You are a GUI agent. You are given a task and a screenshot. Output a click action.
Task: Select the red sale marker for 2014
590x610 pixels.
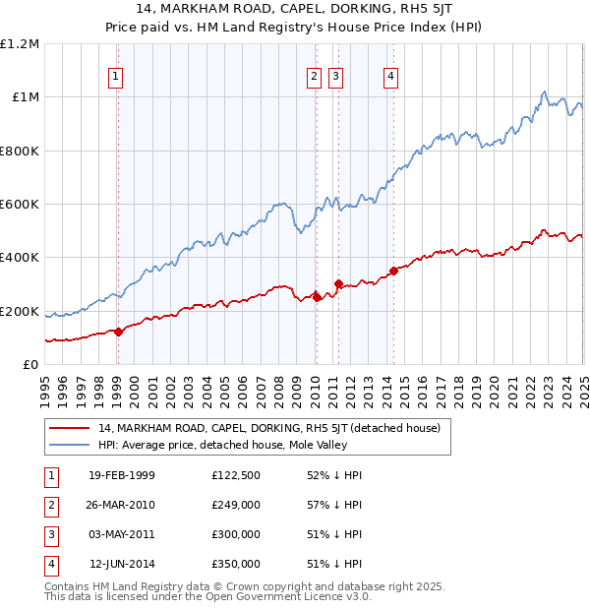click(393, 271)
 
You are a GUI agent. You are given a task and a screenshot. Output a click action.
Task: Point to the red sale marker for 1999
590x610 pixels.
click(118, 332)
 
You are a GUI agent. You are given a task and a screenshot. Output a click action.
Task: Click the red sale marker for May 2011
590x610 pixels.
click(337, 284)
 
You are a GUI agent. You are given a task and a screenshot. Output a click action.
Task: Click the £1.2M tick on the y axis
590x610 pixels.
click(20, 44)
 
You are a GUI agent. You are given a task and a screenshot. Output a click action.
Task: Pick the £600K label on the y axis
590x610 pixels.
click(20, 205)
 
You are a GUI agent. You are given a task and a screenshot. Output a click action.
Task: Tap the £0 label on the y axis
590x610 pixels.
click(29, 365)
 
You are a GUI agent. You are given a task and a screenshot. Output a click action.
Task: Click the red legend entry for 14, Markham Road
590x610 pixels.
click(275, 428)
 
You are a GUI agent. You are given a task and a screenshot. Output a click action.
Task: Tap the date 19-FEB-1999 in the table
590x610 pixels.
click(122, 475)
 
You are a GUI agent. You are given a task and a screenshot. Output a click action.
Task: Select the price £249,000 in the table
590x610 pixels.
click(236, 505)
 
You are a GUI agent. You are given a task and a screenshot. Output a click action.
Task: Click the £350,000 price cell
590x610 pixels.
click(236, 564)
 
